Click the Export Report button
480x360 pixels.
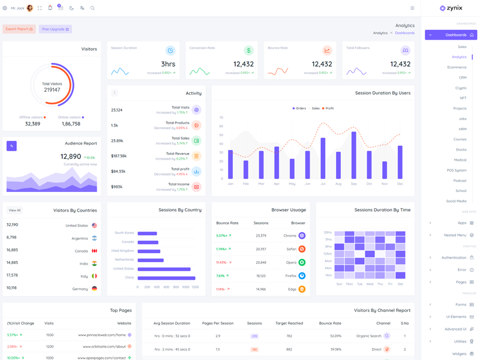click(19, 29)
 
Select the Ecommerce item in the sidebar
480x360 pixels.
click(457, 67)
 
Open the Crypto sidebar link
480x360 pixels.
click(460, 88)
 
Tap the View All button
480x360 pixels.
click(15, 211)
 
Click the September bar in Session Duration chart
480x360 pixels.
click(353, 155)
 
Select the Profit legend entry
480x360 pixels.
click(328, 109)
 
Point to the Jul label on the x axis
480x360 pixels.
click(323, 184)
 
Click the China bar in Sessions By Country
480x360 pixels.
click(166, 278)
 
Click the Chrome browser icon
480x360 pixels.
click(302, 236)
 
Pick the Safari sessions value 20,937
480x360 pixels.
click(260, 249)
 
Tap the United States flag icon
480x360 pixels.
click(94, 226)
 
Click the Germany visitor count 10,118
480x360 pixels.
click(12, 288)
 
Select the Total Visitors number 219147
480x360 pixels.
click(52, 90)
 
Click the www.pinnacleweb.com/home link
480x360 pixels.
click(102, 335)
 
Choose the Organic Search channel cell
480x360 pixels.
click(369, 336)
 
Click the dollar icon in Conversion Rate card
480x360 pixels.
click(248, 50)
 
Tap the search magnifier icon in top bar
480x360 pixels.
click(92, 8)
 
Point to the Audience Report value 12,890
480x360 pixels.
click(71, 157)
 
